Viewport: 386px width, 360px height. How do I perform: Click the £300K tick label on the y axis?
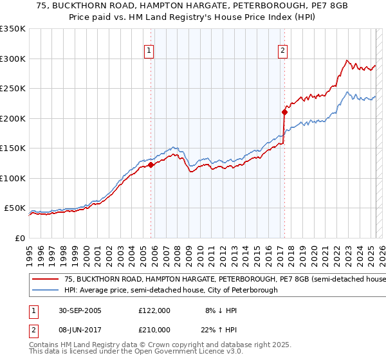coord(13,59)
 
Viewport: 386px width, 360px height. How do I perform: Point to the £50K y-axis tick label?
coord(15,208)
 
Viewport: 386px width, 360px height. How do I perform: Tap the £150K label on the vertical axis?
coord(13,148)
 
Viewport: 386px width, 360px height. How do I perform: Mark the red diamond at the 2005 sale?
coord(151,165)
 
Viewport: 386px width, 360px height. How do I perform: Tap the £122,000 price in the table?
coord(154,310)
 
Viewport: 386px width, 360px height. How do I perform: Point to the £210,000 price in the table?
coord(154,329)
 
